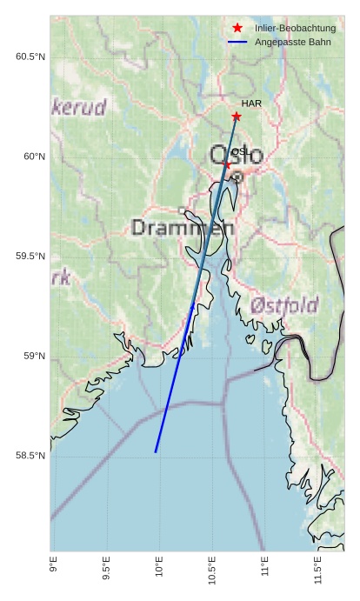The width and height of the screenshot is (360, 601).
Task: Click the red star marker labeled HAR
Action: pos(237,117)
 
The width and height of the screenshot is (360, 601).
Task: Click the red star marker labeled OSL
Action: pos(227,164)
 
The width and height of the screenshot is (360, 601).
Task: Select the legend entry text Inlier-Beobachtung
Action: pos(295,29)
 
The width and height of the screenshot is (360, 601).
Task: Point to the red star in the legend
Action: pos(237,29)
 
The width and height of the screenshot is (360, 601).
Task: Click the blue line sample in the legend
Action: pos(237,42)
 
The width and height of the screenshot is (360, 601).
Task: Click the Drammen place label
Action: pos(183,229)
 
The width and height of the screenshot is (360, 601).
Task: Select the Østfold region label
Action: pos(283,306)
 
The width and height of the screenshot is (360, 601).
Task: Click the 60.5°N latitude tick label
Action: pos(30,57)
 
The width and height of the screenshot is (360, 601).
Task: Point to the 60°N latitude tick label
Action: pos(34,157)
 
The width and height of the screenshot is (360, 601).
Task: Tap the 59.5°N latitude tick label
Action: pos(30,257)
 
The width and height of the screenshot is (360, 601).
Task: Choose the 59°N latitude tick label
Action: pos(34,356)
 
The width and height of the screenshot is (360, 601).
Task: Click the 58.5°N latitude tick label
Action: pos(30,456)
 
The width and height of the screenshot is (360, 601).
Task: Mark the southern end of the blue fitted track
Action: pos(156,452)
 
